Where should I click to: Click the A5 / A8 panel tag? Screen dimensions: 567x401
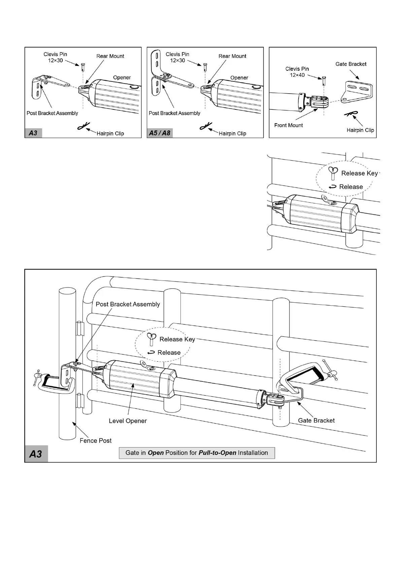[160, 133]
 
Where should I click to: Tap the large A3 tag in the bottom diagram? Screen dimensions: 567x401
[36, 454]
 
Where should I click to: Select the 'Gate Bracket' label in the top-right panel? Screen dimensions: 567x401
[351, 64]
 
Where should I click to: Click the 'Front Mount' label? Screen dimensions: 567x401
[289, 125]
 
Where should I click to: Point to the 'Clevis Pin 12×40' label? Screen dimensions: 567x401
[297, 72]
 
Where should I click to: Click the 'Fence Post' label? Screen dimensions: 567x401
[95, 440]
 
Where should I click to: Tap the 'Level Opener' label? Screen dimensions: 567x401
[128, 421]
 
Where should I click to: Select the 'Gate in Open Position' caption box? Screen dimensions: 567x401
[197, 453]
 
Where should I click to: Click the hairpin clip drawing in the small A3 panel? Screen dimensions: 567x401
[83, 126]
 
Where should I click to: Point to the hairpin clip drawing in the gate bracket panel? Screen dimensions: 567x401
[351, 114]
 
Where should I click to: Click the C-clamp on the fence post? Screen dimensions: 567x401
[51, 383]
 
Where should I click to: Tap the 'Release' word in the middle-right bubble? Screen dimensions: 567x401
[351, 187]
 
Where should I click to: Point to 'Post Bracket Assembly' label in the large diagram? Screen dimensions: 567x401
[128, 304]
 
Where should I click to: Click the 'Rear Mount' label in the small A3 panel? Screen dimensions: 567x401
[110, 56]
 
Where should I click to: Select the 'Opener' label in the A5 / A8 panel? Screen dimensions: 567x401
[239, 78]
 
